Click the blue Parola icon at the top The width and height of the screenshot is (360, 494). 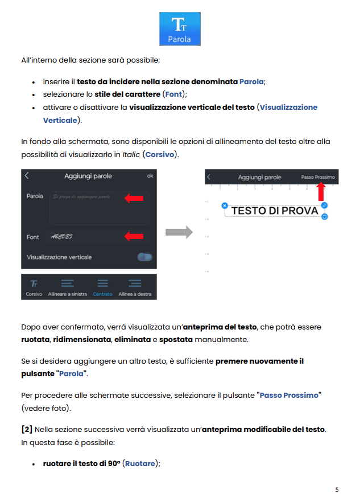tap(180, 29)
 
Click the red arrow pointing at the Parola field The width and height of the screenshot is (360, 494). tap(134, 198)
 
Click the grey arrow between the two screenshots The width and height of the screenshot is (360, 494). tap(179, 232)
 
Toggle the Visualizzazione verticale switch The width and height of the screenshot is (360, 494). tap(145, 257)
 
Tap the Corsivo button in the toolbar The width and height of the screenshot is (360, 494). tap(34, 287)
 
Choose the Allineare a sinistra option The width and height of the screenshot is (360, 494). tap(68, 287)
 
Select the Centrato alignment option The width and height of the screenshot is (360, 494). tap(103, 287)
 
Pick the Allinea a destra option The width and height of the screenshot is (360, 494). tap(135, 287)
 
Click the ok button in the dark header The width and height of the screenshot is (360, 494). tap(150, 176)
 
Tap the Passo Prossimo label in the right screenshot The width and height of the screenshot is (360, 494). tap(318, 178)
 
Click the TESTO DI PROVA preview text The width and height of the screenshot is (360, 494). tap(275, 211)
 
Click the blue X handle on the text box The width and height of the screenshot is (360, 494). tap(225, 205)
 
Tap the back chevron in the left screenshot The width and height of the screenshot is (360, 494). tap(27, 176)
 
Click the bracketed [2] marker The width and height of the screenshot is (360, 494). tap(26, 429)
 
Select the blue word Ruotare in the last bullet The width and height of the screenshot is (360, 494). tap(140, 463)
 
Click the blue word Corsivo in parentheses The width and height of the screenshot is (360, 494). tap(160, 154)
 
